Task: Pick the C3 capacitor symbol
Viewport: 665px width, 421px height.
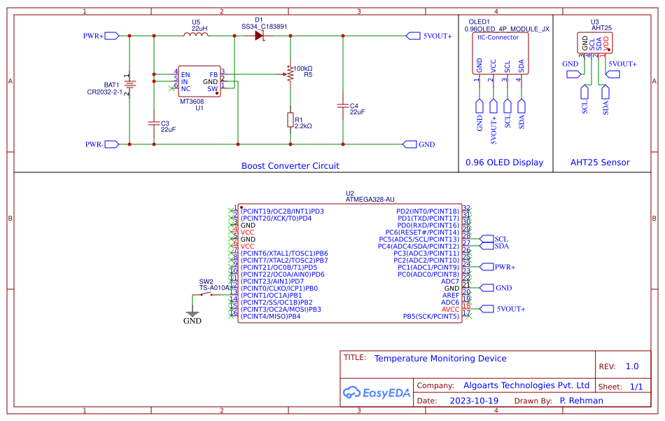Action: pyautogui.click(x=154, y=122)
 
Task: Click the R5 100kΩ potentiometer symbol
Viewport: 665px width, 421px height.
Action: pyautogui.click(x=289, y=73)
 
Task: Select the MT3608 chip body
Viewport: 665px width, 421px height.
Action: pyautogui.click(x=199, y=82)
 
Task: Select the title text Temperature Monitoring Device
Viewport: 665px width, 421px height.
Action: pyautogui.click(x=440, y=359)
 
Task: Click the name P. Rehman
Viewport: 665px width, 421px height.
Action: pyautogui.click(x=582, y=401)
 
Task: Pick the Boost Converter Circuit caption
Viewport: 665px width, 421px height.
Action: pyautogui.click(x=290, y=166)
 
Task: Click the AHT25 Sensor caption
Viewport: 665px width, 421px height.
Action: pyautogui.click(x=600, y=163)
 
